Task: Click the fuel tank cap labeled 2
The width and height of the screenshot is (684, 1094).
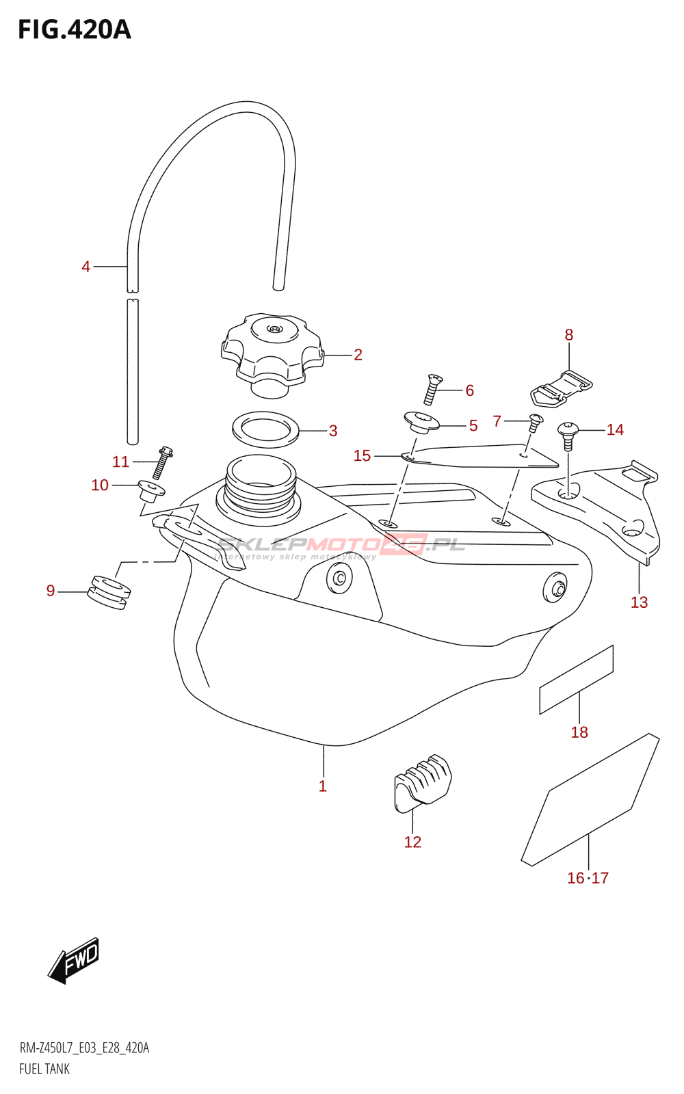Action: pyautogui.click(x=272, y=352)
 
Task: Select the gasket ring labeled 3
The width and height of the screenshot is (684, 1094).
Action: pyautogui.click(x=266, y=430)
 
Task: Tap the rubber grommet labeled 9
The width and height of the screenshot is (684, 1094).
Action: pyautogui.click(x=109, y=592)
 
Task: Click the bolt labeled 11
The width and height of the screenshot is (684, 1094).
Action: pyautogui.click(x=163, y=462)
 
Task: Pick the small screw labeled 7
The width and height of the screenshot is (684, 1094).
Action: pyautogui.click(x=535, y=423)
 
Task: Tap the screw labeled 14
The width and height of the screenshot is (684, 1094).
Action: pyautogui.click(x=568, y=435)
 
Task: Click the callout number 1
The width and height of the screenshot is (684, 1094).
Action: pyautogui.click(x=323, y=786)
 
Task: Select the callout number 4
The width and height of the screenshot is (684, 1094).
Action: pyautogui.click(x=86, y=267)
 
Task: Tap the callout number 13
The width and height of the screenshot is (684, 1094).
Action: pyautogui.click(x=639, y=602)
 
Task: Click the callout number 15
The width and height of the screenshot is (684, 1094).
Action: pyautogui.click(x=362, y=455)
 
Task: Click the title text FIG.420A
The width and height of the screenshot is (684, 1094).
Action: pyautogui.click(x=74, y=29)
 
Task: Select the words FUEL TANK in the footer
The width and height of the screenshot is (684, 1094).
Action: pyautogui.click(x=44, y=1069)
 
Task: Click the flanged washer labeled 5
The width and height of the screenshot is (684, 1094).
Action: pyautogui.click(x=421, y=422)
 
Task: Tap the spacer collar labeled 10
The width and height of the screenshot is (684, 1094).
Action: pyautogui.click(x=150, y=489)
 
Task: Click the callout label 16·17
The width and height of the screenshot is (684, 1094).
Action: pyautogui.click(x=588, y=878)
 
